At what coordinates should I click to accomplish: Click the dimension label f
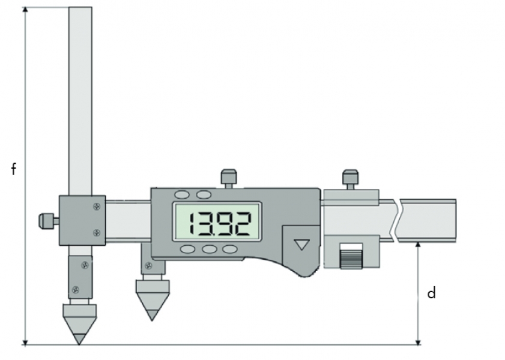pos(14,169)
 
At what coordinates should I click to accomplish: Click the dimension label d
pos(432,293)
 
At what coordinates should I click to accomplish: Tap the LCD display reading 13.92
pos(217,221)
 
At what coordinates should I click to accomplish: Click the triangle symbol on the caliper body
pos(302,244)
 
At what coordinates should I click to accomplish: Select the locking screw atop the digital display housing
pos(229,178)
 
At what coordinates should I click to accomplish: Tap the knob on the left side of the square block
pos(48,221)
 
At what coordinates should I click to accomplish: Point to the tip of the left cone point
pos(79,344)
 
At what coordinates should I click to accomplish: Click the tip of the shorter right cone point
pos(152,320)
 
